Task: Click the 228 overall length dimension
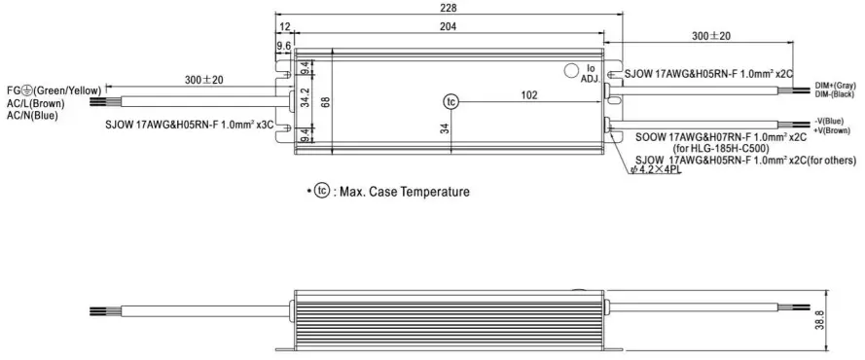click(448, 7)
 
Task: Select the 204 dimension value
click(448, 26)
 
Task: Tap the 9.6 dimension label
click(283, 47)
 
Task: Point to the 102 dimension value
click(528, 94)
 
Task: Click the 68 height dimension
click(325, 101)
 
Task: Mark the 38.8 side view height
click(818, 320)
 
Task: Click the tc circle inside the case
click(451, 101)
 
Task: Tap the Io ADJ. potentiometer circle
click(570, 70)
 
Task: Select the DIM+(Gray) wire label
click(835, 87)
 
